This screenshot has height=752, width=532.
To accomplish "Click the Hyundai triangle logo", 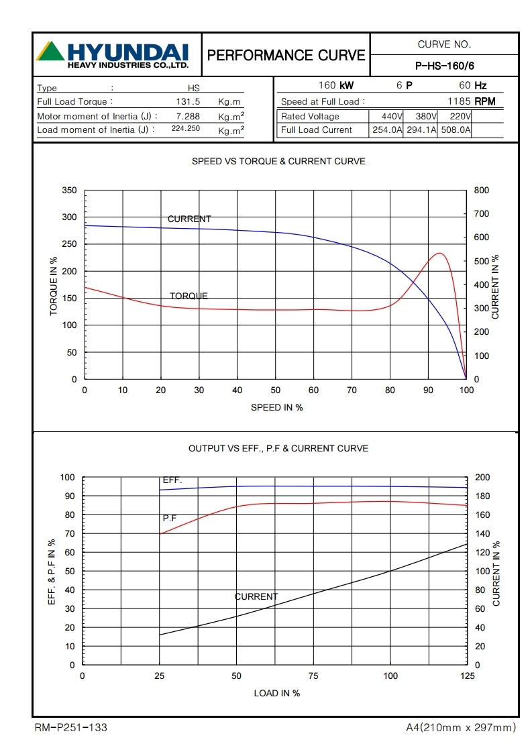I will [50, 51].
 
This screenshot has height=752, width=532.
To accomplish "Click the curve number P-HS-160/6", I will [444, 66].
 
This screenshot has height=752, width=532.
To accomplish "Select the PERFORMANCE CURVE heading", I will [286, 55].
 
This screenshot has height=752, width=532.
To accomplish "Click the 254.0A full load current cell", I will [387, 130].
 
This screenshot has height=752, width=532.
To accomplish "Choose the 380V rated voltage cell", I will [421, 117].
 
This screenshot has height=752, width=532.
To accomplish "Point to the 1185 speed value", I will [459, 102].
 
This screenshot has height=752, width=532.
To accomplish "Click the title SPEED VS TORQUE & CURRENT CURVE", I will [278, 161].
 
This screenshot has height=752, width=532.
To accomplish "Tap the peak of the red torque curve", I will [439, 253].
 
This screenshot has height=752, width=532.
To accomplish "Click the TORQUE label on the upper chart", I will [189, 296].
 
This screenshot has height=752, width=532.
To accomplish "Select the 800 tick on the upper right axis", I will [481, 191].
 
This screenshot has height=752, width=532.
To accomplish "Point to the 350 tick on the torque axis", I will [70, 191].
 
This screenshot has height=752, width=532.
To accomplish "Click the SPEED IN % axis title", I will [276, 407].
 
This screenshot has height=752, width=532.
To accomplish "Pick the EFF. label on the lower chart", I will [172, 480].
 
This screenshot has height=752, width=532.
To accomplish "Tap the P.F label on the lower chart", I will [170, 518].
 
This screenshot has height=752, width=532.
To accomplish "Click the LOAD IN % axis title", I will [276, 693].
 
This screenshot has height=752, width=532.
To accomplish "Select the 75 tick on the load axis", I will [313, 676].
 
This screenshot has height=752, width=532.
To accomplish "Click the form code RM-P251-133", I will [70, 727].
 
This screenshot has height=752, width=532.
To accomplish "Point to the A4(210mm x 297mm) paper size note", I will [461, 727].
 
